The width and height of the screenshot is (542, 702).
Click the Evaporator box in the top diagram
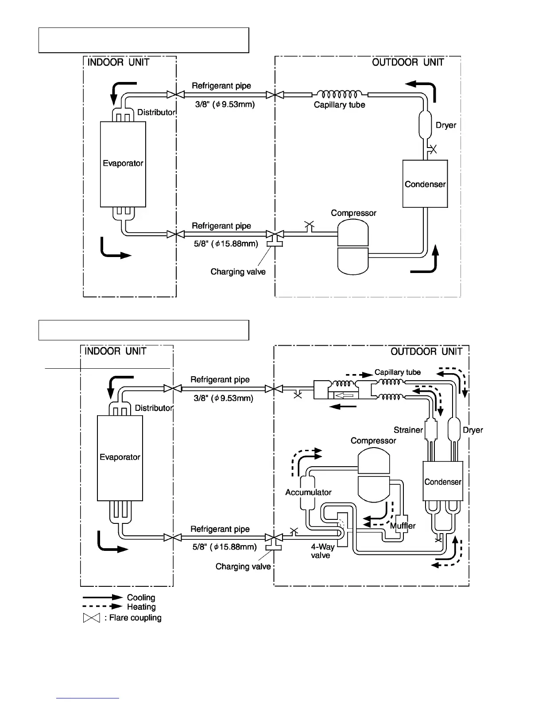pyautogui.click(x=123, y=164)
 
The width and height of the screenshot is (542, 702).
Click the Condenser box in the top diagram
pyautogui.click(x=425, y=184)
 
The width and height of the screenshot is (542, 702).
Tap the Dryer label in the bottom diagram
pyautogui.click(x=472, y=430)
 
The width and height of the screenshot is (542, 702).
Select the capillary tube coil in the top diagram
pyautogui.click(x=340, y=94)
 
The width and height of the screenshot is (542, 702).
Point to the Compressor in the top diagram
pyautogui.click(x=353, y=248)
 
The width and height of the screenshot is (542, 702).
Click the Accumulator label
pyautogui.click(x=308, y=492)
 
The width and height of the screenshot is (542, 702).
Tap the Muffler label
pyautogui.click(x=403, y=526)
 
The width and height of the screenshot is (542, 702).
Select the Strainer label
pyautogui.click(x=408, y=430)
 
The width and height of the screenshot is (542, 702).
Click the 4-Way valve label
pyautogui.click(x=322, y=551)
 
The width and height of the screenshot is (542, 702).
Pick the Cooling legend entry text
pyautogui.click(x=141, y=597)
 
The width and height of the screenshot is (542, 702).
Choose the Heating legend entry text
pyautogui.click(x=141, y=607)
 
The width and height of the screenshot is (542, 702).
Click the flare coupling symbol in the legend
pyautogui.click(x=92, y=618)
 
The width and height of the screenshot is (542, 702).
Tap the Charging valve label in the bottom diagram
pyautogui.click(x=243, y=566)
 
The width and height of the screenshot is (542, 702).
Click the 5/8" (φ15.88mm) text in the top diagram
pyautogui.click(x=226, y=243)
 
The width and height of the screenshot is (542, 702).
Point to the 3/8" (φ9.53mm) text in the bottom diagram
pyautogui.click(x=223, y=398)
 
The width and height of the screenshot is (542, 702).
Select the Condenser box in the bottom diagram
pyautogui.click(x=443, y=481)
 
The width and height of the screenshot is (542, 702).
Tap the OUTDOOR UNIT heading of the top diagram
pyautogui.click(x=408, y=62)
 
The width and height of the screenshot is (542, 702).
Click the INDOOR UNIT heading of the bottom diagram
pyautogui.click(x=115, y=351)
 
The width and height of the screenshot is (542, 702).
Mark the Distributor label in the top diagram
pyautogui.click(x=156, y=112)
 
